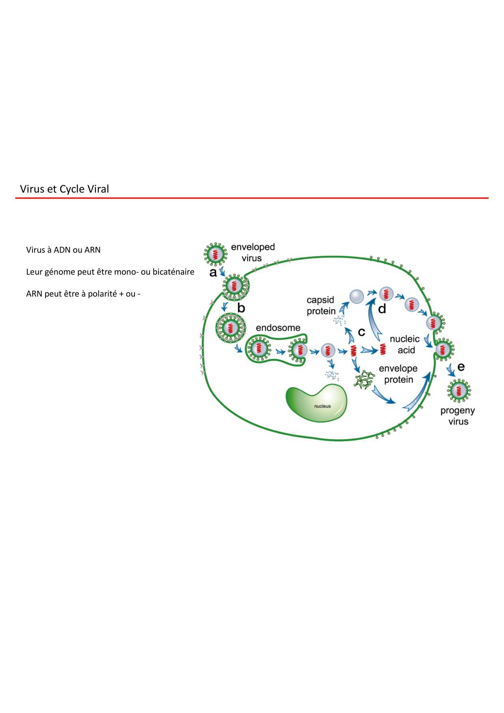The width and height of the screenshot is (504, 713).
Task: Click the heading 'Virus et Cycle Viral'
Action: click(64, 189)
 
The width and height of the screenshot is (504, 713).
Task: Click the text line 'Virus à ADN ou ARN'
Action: click(63, 250)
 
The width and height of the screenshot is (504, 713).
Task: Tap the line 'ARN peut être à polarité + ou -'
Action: click(83, 294)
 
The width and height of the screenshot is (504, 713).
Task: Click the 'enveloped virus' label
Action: click(252, 252)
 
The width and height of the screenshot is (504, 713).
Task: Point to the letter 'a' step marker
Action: click(213, 273)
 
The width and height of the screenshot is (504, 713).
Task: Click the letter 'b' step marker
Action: click(241, 308)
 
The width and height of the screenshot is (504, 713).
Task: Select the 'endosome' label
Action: click(278, 327)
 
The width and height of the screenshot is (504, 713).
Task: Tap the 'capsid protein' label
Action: click(321, 306)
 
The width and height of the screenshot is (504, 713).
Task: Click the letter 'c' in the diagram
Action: click(361, 332)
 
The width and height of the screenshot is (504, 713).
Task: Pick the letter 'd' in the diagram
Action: click(382, 309)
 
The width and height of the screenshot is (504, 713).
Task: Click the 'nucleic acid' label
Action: click(405, 345)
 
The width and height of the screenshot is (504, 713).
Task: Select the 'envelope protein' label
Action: click(398, 374)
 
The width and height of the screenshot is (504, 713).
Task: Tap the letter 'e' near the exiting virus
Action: click(461, 367)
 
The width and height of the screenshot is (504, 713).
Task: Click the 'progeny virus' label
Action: click(458, 416)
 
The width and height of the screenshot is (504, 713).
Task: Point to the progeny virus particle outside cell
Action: click(459, 391)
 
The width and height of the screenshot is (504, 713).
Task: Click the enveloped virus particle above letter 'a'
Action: click(215, 254)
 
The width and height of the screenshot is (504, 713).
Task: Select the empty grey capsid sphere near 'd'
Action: click(356, 296)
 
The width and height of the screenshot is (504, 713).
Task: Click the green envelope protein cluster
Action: click(364, 380)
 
